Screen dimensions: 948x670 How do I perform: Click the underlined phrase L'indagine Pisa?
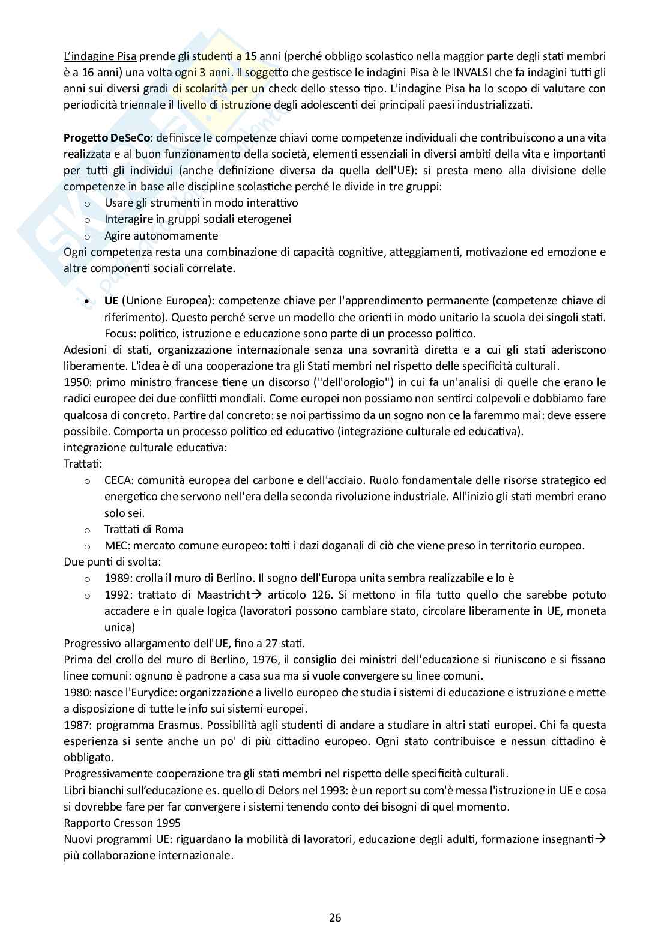coord(100,56)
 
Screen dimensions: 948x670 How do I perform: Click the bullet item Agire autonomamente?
coord(161,235)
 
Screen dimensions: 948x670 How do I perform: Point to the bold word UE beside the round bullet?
coord(111,300)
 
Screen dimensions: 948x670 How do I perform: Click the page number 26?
coord(335,917)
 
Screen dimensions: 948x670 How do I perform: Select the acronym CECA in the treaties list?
coord(117,480)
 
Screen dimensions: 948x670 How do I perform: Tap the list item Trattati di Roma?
coord(143,529)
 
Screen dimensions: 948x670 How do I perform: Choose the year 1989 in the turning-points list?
coord(116,578)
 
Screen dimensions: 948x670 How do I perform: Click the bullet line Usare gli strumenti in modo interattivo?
coord(201,202)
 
